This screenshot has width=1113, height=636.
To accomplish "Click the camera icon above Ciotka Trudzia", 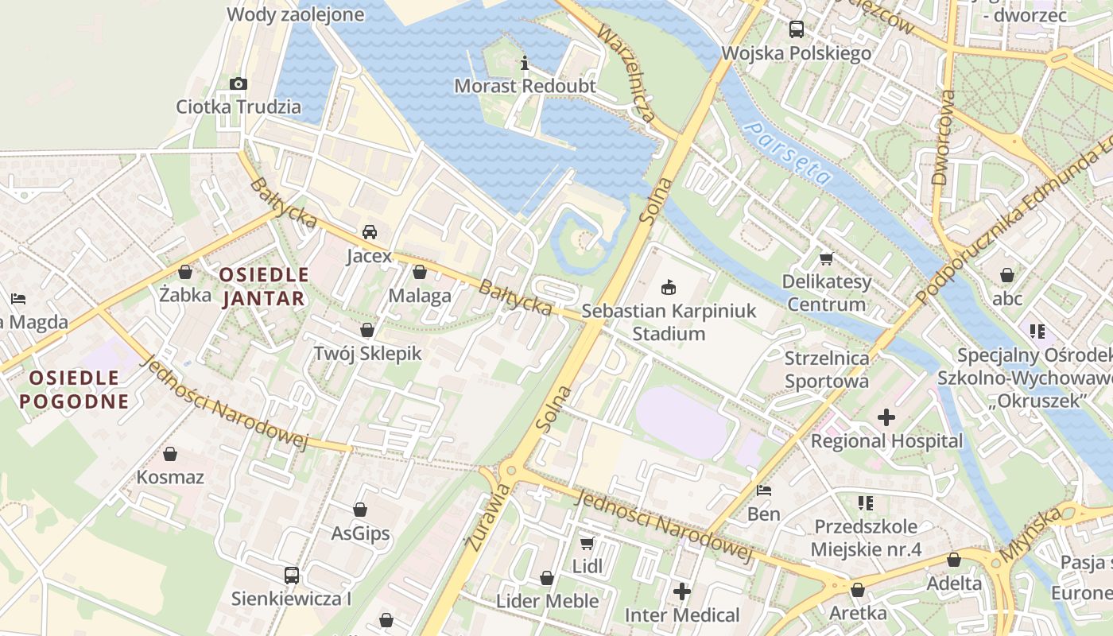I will [238, 83].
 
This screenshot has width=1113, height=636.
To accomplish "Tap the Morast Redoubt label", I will [525, 86].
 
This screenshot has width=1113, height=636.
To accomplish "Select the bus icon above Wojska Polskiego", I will [796, 29].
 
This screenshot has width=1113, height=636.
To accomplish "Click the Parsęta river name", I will [789, 153].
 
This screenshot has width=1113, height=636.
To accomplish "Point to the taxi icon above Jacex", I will [370, 232].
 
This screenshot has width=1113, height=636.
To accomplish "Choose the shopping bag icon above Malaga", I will [420, 272].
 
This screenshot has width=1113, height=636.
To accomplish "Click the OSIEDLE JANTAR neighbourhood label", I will [263, 287].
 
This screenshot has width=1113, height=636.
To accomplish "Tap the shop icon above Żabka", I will [185, 272].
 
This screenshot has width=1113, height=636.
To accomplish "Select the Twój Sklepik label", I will [367, 354].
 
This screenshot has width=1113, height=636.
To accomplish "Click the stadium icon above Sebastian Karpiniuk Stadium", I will [668, 287].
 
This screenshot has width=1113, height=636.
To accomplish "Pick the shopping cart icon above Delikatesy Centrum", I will [827, 258].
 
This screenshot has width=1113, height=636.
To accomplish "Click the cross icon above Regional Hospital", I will [886, 417].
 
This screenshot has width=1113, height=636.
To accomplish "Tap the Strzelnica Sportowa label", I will [827, 370].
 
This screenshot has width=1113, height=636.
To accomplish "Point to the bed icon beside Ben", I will [764, 491].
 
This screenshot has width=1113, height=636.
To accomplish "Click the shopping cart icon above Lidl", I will [587, 543].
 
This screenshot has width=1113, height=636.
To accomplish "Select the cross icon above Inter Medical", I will [681, 591].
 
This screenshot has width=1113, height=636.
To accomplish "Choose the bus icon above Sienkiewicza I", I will [292, 575].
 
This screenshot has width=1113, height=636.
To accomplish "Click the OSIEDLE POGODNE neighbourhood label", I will [74, 390].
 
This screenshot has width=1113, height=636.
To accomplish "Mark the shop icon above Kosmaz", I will [170, 454].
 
